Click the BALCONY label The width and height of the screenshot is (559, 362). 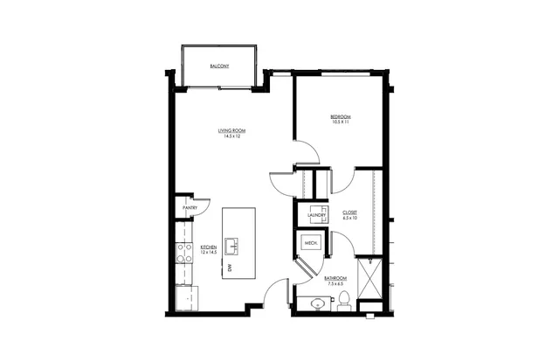click(219, 66)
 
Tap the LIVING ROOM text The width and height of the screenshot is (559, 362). click(231, 131)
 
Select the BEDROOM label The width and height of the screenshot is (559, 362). click(340, 115)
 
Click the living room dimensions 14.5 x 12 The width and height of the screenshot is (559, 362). click(231, 137)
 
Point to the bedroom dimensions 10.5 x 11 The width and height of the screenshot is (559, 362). click(340, 122)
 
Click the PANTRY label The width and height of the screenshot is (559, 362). click(189, 208)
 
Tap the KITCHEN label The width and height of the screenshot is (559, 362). click(209, 247)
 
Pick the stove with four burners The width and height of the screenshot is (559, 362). click(185, 254)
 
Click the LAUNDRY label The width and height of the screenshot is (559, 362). click(316, 214)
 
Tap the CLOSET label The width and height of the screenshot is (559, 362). click(349, 212)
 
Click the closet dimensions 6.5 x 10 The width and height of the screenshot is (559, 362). click(349, 218)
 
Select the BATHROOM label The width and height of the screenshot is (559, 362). click(336, 278)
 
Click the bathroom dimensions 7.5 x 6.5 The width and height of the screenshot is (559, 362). click(336, 284)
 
